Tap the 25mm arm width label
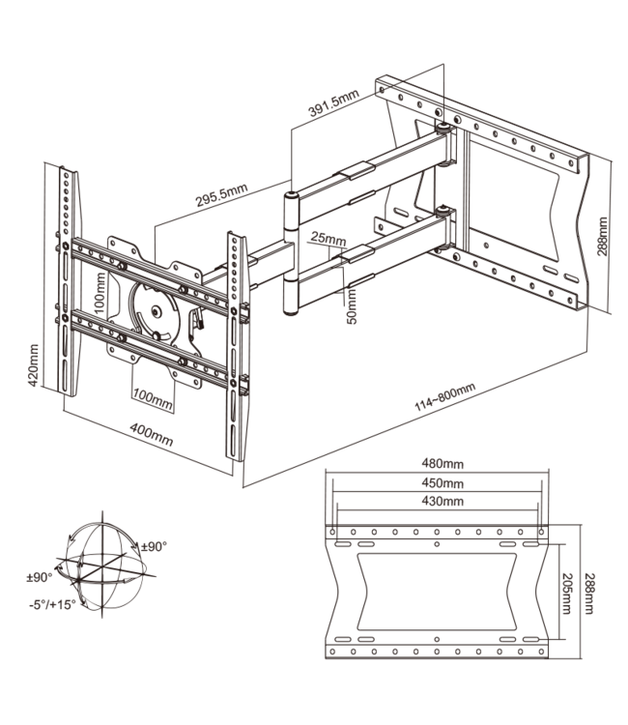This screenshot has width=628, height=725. (329, 238)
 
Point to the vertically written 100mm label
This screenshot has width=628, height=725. (100, 288)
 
